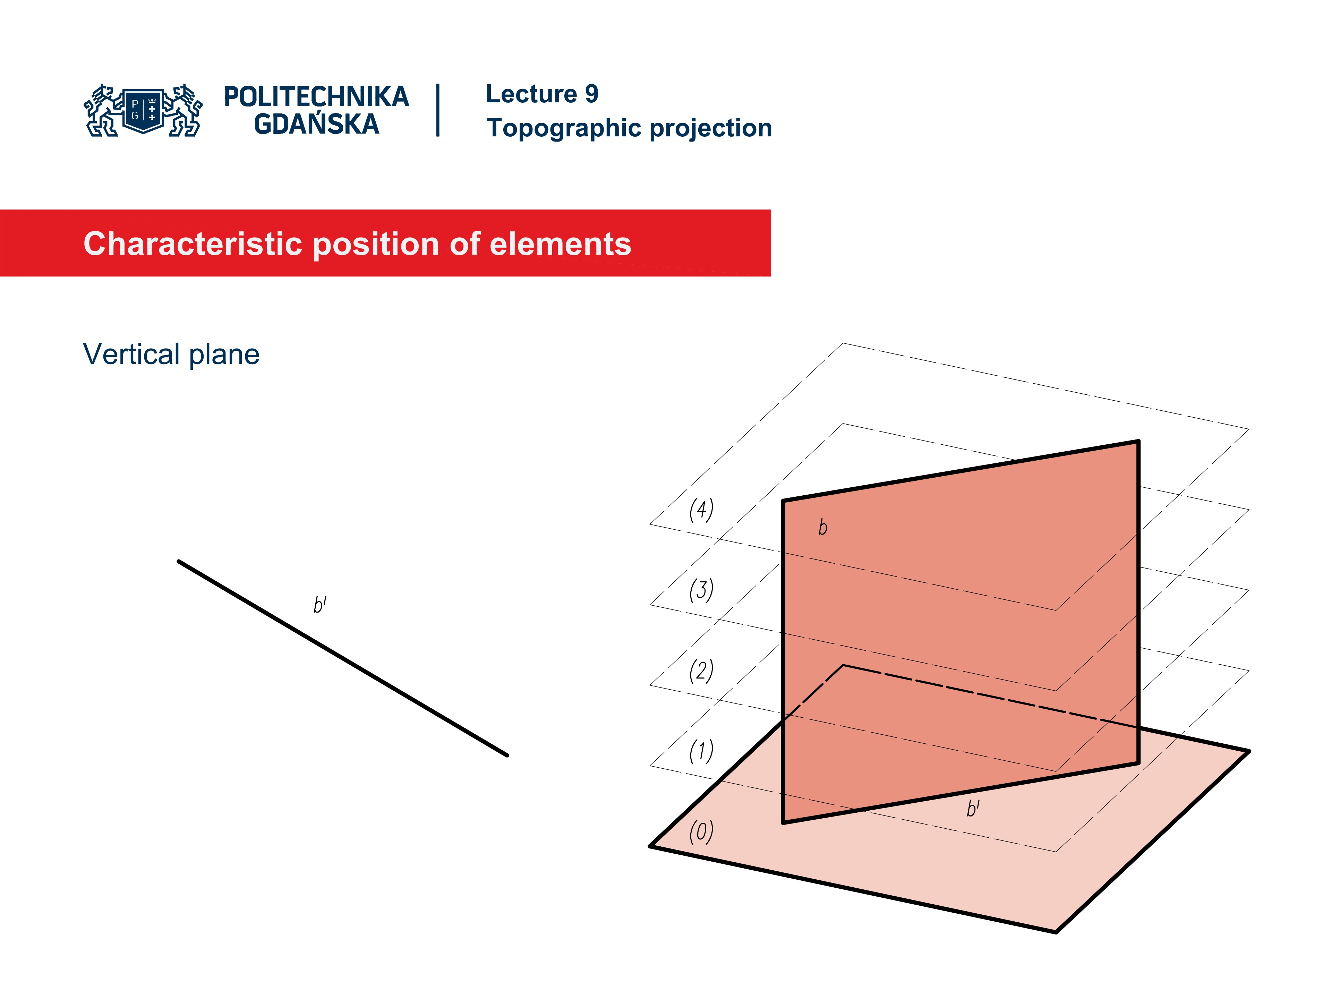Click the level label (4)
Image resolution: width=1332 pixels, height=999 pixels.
click(701, 510)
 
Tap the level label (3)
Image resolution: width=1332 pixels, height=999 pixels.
click(701, 590)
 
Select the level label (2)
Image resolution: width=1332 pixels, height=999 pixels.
click(701, 670)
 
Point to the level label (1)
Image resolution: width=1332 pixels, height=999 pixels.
click(701, 751)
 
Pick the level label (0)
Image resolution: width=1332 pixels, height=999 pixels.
click(701, 831)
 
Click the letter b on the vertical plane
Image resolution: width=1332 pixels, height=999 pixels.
click(822, 528)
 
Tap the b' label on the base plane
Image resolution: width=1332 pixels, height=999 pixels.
click(973, 808)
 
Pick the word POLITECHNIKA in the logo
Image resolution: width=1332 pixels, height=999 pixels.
click(316, 97)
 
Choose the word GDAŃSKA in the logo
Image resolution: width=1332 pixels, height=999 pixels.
click(316, 124)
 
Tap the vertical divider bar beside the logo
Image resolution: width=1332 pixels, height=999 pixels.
click(438, 110)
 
